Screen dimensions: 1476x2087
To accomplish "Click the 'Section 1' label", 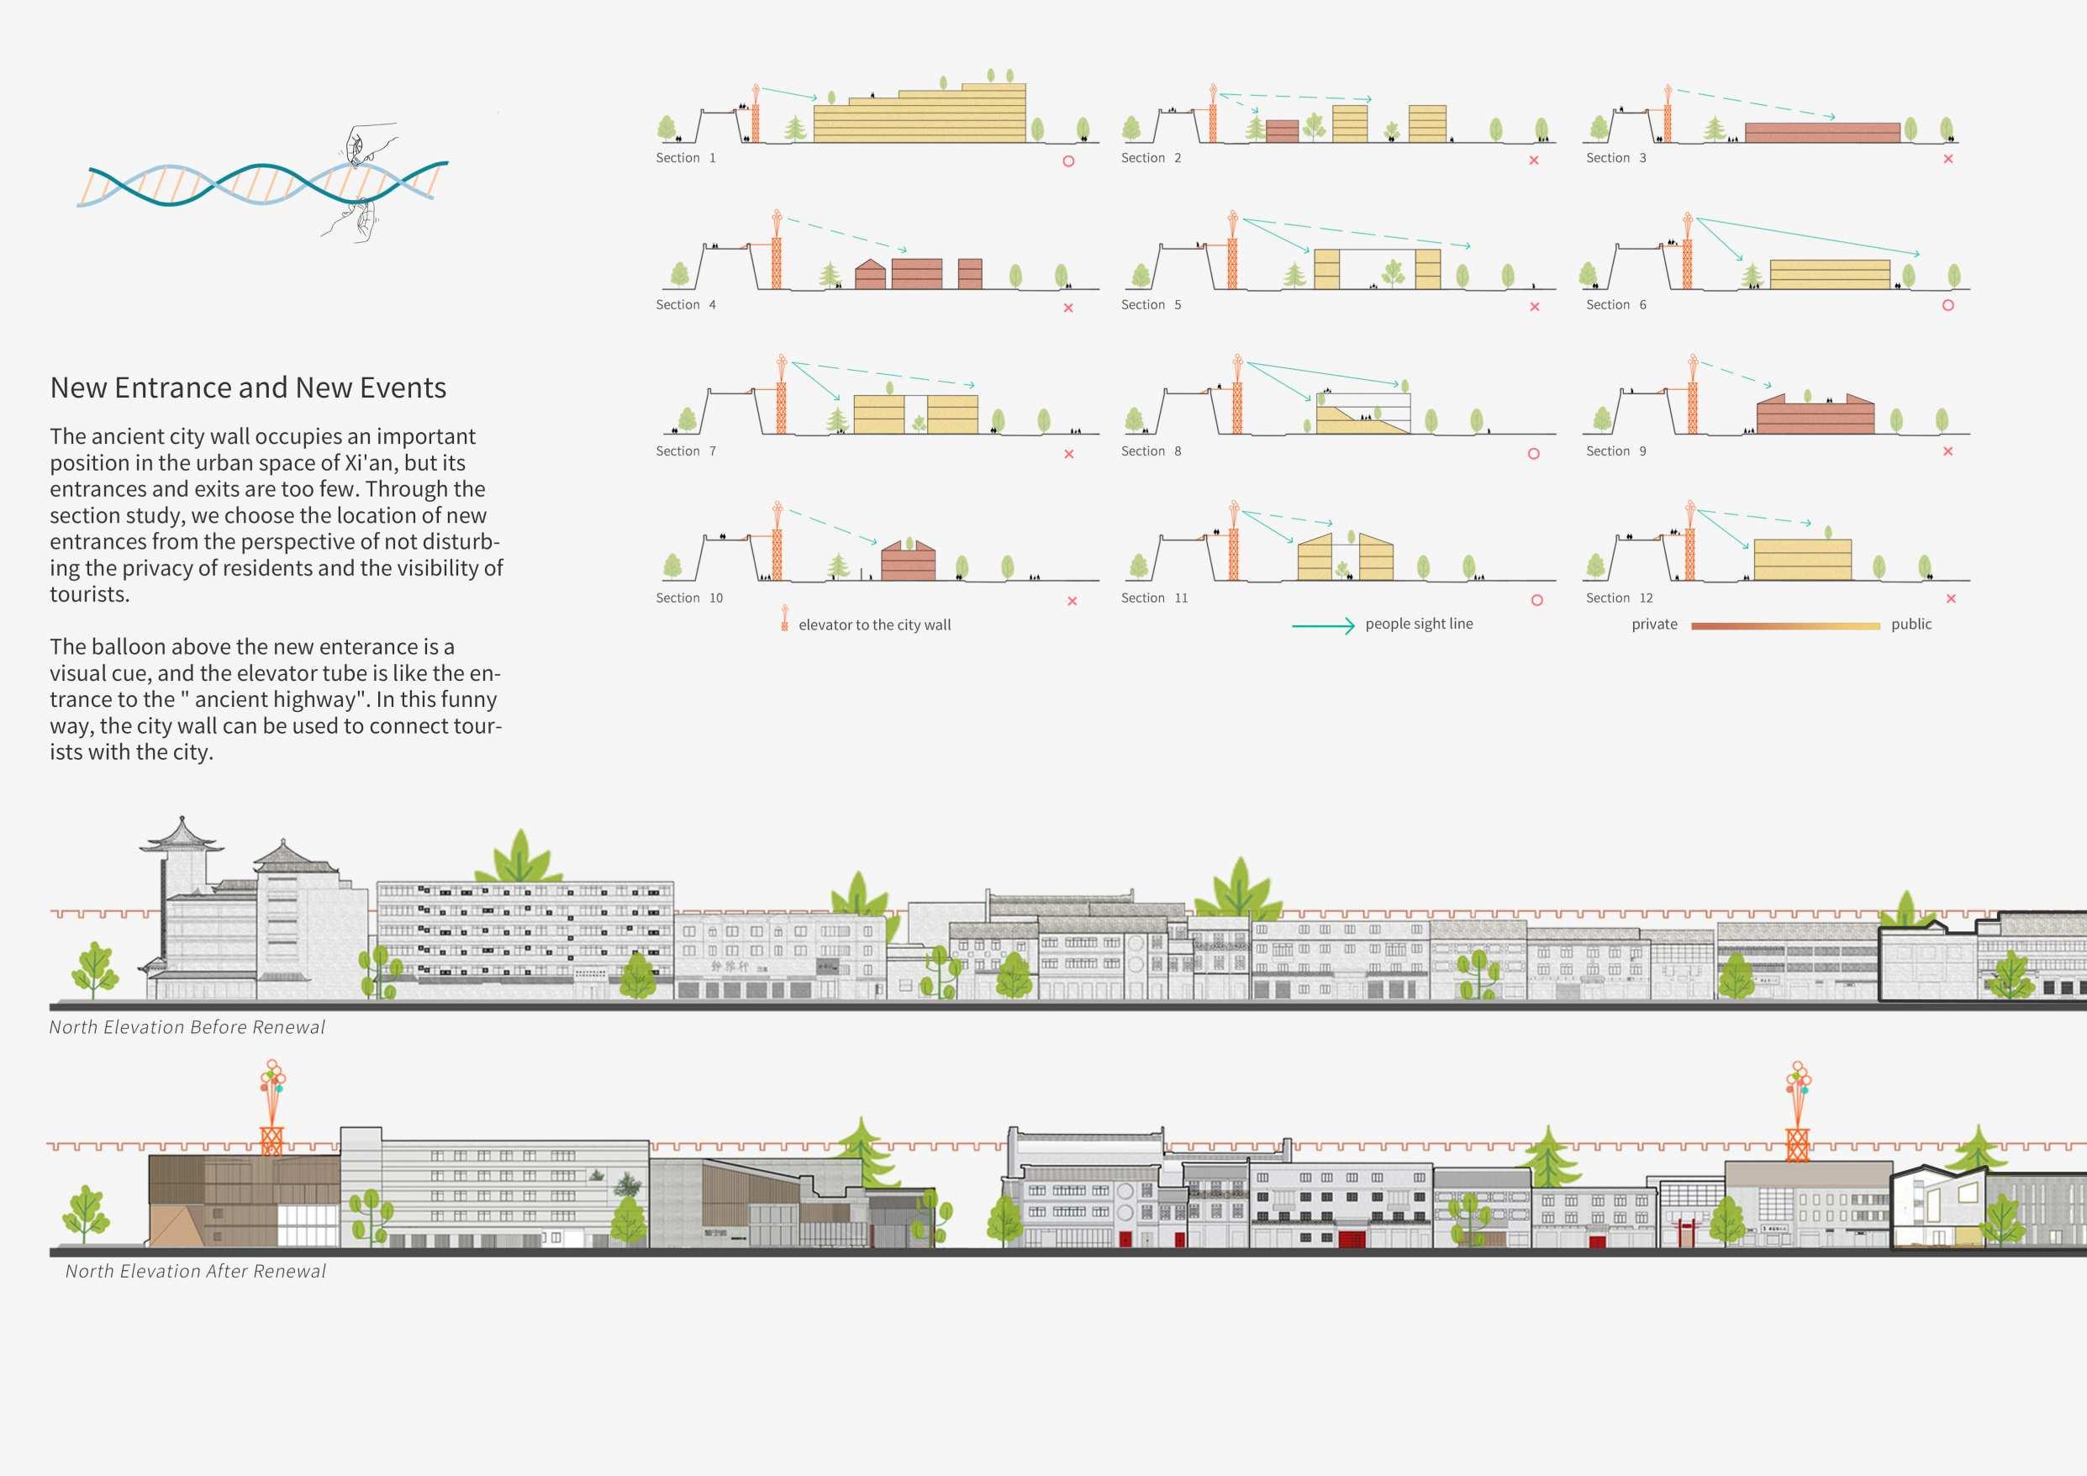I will point(685,158).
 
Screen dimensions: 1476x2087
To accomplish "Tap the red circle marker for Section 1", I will point(1068,161).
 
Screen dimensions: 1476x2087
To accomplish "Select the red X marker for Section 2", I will point(1533,160).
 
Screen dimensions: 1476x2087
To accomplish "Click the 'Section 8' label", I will point(1151,451).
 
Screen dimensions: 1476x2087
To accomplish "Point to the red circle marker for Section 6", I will point(1948,305).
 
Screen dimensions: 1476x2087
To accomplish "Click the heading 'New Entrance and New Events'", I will point(248,388).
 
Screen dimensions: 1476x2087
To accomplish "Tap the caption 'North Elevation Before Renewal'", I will point(187,1027).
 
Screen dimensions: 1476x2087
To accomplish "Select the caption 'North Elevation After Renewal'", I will point(196,1272).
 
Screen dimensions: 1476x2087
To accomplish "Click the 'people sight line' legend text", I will point(1419,624).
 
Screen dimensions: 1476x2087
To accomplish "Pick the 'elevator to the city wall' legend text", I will point(874,625).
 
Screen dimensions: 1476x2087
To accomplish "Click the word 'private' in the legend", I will point(1654,625).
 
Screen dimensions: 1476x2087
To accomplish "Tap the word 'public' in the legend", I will point(1911,625).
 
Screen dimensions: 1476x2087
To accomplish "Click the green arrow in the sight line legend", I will point(1323,625).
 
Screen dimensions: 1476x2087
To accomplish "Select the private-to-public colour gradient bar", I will point(1785,625).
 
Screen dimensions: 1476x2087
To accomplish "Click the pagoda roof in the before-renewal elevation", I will point(182,836).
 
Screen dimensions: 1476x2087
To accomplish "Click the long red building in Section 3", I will point(1821,133).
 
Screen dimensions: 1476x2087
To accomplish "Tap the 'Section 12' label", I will point(1619,598).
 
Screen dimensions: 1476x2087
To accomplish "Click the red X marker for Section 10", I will point(1072,601).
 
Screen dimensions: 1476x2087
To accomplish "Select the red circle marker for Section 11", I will point(1537,600).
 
